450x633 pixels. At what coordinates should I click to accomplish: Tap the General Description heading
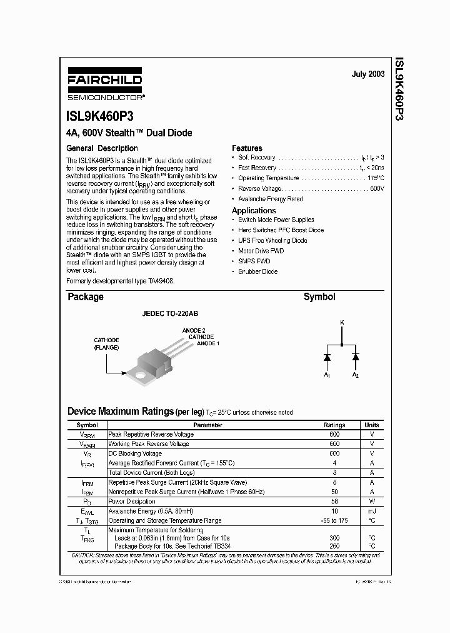(102, 148)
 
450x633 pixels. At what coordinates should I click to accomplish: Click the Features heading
(247, 148)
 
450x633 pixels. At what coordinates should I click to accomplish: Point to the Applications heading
(253, 211)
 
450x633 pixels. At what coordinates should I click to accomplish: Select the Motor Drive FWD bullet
(261, 251)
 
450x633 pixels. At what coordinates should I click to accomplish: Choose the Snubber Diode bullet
(257, 271)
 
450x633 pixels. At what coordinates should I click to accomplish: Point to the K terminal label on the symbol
(341, 322)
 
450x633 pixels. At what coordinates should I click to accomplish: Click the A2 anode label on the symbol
(355, 375)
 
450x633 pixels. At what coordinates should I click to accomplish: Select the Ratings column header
(334, 425)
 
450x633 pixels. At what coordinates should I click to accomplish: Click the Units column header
(371, 425)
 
